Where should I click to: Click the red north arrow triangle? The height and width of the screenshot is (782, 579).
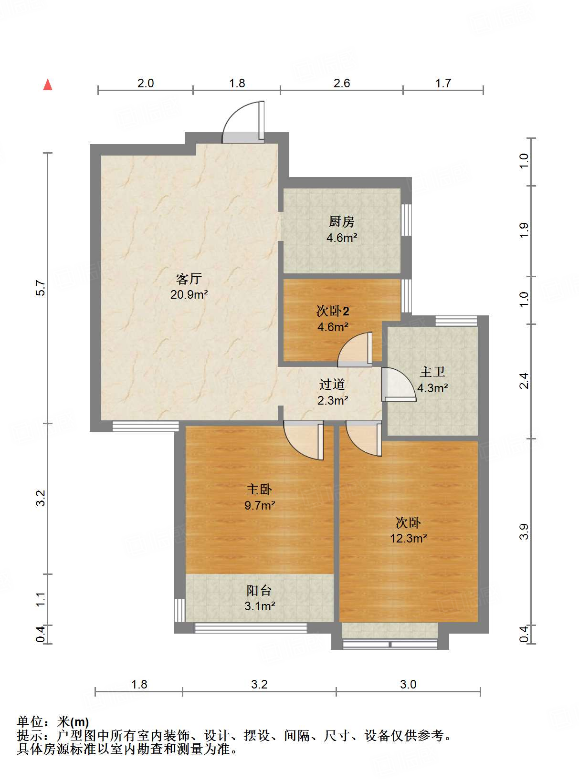click(x=48, y=85)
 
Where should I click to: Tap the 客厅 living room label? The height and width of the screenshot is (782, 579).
click(x=189, y=279)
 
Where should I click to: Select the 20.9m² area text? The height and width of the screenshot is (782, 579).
click(x=189, y=294)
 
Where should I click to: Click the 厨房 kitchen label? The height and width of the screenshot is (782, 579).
click(x=341, y=221)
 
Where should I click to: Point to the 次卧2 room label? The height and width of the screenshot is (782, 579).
click(x=333, y=311)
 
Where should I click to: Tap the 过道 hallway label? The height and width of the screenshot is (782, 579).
click(x=332, y=384)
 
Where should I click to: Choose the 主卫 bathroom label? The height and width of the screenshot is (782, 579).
click(x=432, y=372)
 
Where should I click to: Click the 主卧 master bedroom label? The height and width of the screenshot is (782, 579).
click(x=259, y=490)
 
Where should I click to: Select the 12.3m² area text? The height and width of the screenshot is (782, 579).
click(x=408, y=538)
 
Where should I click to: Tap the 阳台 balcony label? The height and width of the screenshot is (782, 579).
click(x=259, y=591)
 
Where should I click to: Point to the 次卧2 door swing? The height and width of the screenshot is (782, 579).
click(x=355, y=349)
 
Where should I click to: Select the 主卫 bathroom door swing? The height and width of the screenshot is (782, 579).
click(x=399, y=385)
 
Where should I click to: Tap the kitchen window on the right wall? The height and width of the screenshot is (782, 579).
click(x=407, y=219)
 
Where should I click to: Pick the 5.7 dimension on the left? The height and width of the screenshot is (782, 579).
click(x=41, y=288)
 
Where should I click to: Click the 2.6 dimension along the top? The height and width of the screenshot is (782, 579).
click(x=342, y=83)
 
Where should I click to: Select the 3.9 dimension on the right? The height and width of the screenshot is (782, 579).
click(x=524, y=532)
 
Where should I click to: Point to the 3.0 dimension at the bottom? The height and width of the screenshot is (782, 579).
click(x=408, y=684)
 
